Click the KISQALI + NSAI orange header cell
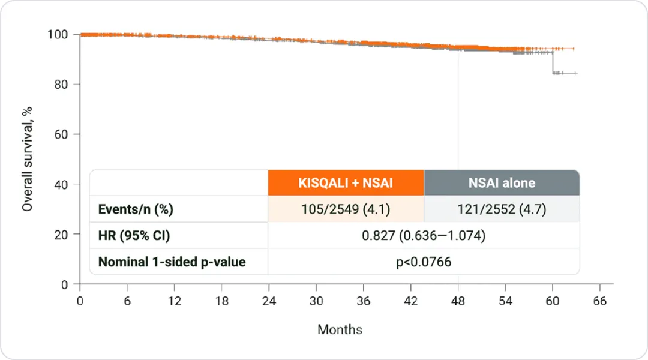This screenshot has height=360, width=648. pos(346,182)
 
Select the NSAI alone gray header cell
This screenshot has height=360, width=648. pos(501,182)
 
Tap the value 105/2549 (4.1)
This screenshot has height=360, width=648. pos(346,210)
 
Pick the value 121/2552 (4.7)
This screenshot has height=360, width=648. pos(501,210)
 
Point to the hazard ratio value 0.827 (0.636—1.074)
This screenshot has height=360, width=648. pos(423,236)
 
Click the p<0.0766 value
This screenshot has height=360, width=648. pos(423,262)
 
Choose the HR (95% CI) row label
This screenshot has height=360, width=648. pos(134,236)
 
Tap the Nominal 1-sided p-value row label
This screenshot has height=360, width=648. pos(172,262)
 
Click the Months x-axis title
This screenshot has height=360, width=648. pos(340,329)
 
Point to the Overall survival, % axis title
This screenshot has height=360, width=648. pos(27,158)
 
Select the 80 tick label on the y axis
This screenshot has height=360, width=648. pos(61,85)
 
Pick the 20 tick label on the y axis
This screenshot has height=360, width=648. pos(61,234)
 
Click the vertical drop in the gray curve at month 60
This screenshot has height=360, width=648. pos(553,63)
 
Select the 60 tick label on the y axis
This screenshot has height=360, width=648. pos(61,134)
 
